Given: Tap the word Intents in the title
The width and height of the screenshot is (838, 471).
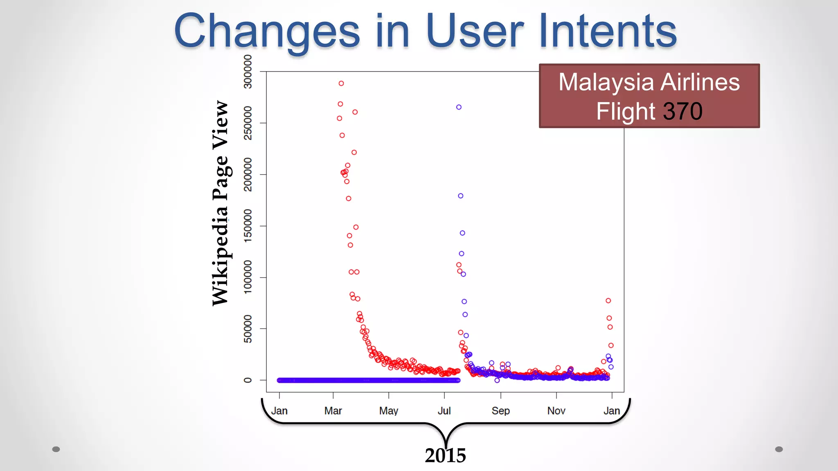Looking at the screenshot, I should tap(608, 31).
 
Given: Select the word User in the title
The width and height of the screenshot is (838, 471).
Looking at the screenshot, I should tap(475, 31).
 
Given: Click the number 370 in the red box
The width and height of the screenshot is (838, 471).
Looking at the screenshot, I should tap(683, 111).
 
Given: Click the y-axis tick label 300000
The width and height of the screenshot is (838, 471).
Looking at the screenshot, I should tap(248, 72).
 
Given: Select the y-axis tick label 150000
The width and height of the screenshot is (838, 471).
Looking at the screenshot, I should tap(248, 226).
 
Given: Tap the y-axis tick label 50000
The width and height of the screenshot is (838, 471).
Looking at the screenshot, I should tap(248, 329).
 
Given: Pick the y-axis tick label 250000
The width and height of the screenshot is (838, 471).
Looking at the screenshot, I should tap(248, 123).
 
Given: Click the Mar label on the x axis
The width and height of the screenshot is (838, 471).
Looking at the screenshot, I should tap(333, 410).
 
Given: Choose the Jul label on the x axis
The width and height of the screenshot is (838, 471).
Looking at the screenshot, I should tap(444, 410).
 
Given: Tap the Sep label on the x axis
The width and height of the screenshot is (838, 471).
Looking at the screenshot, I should tap(500, 410).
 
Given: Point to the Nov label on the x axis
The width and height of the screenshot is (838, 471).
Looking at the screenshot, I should tap(556, 410).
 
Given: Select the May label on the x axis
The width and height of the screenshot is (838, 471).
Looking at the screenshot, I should tap(389, 410).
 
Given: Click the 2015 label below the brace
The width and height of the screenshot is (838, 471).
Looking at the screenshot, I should tap(445, 455).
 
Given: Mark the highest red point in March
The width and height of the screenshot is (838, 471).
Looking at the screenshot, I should tap(341, 83).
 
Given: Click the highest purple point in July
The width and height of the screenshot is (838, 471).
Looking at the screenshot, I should tap(459, 107).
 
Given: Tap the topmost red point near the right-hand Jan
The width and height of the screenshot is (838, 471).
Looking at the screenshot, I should tap(608, 301).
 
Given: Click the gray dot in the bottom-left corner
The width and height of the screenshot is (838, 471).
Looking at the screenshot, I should tap(56, 449).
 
